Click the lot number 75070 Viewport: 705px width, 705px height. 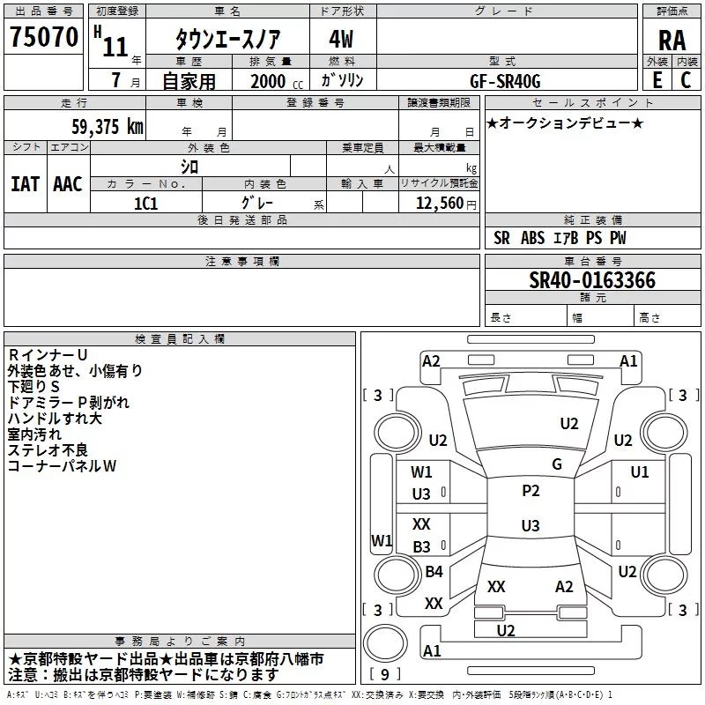pos(44,37)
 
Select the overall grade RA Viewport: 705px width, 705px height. pos(672,41)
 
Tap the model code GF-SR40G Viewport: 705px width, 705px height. pos(505,81)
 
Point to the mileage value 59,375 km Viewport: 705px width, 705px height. pos(108,126)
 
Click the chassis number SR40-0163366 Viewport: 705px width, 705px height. pos(592,280)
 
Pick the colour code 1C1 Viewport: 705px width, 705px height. pos(145,204)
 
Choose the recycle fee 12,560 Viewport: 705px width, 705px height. pos(439,204)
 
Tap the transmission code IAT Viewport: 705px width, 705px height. pos(25,184)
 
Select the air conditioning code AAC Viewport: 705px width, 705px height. pos(68,184)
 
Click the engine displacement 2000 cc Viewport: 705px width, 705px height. pos(277,81)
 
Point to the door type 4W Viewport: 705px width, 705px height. pos(341,39)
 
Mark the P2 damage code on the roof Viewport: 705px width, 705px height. pos(531,491)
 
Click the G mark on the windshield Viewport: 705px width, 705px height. pos(557,464)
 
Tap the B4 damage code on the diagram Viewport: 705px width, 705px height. pos(434,571)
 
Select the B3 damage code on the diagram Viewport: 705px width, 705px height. pos(421,546)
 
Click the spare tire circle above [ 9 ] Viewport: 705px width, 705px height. pos(385,643)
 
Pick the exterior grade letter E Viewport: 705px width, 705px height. pos(657,80)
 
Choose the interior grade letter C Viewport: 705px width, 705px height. pos(686,80)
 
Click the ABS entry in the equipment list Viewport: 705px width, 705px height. pos(532,238)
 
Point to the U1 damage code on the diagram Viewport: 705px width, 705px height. pos(640,472)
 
